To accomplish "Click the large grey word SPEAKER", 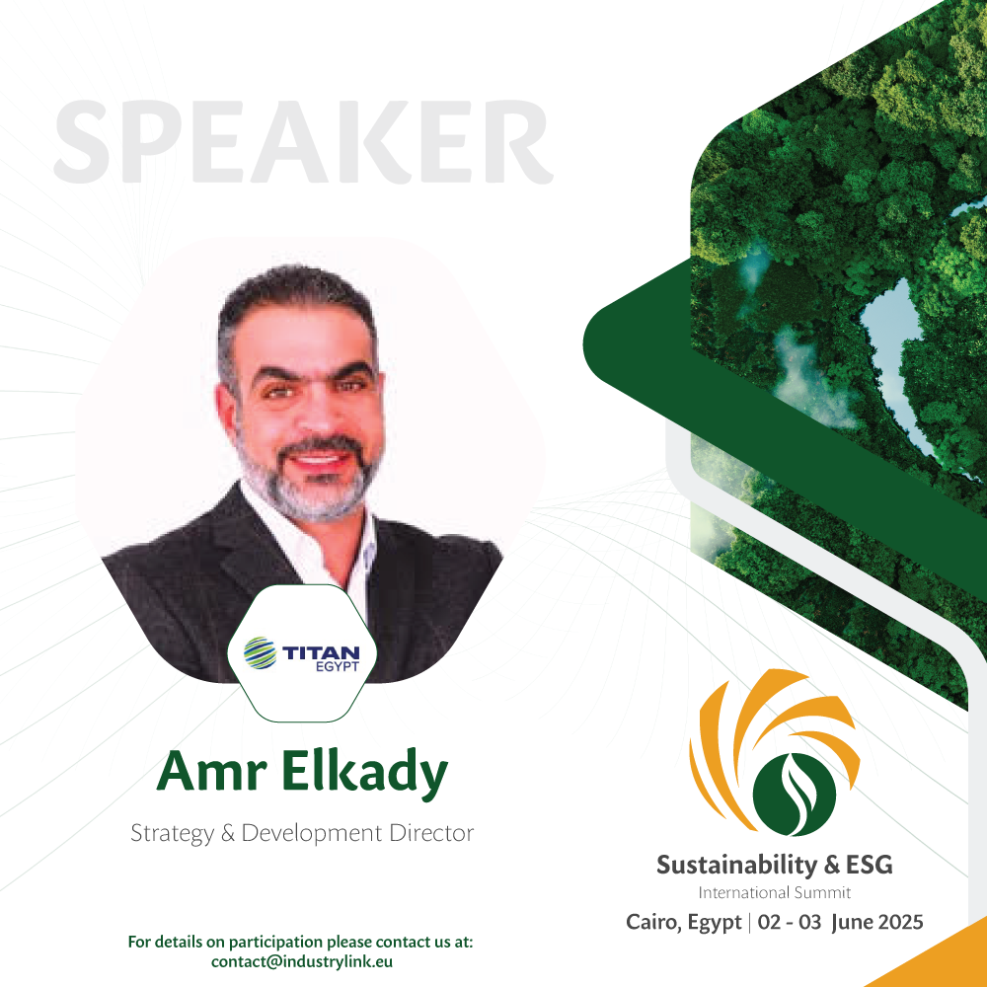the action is [x=303, y=141].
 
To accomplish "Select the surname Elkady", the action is [x=364, y=773].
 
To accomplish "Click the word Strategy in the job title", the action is [x=172, y=833].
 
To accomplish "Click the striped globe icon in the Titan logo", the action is [x=260, y=652].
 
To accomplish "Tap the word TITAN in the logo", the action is [x=321, y=652].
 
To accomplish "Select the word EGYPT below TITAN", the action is [x=338, y=666].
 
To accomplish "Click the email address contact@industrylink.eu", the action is [x=302, y=961].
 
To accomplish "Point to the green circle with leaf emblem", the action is [x=795, y=795].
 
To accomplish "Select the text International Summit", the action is [x=774, y=892].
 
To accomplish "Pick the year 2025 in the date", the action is [x=900, y=922].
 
